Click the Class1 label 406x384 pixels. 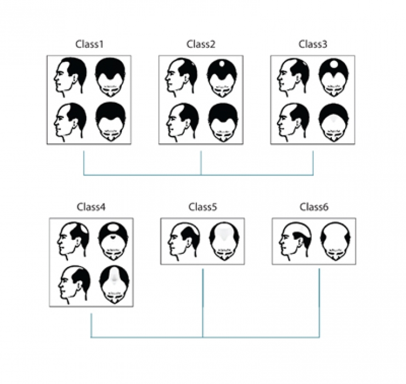click(x=89, y=44)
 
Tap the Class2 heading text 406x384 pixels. click(x=201, y=44)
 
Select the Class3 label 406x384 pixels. click(x=313, y=44)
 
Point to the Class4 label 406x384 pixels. click(x=91, y=207)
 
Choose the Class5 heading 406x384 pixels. click(x=202, y=207)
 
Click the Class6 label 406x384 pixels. click(x=314, y=207)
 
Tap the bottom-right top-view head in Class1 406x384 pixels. click(x=111, y=122)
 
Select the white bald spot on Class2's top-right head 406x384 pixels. click(x=222, y=64)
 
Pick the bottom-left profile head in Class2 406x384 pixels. click(x=183, y=122)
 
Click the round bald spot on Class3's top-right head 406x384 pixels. click(x=334, y=64)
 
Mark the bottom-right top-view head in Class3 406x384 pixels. click(x=334, y=122)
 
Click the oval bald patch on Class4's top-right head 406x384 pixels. click(x=113, y=228)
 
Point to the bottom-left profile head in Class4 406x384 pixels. click(x=74, y=285)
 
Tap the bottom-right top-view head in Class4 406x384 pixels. click(x=114, y=285)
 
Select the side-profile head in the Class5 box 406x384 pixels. click(x=184, y=241)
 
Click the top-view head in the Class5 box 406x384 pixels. click(x=224, y=241)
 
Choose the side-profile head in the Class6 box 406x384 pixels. click(x=295, y=241)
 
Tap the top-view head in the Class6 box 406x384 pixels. click(x=336, y=241)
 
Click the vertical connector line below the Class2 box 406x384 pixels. click(x=201, y=163)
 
